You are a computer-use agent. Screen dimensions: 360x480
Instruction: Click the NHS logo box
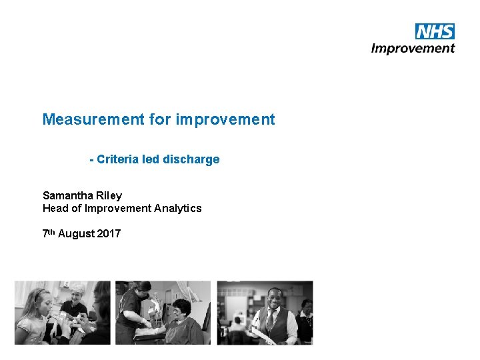435,31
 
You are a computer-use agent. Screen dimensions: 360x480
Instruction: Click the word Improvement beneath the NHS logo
413,48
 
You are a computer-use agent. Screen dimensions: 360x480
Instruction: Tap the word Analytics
178,209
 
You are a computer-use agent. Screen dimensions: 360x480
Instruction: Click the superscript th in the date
51,232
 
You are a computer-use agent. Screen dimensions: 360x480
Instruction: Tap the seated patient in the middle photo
181,320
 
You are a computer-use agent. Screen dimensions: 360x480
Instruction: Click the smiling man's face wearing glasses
274,298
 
